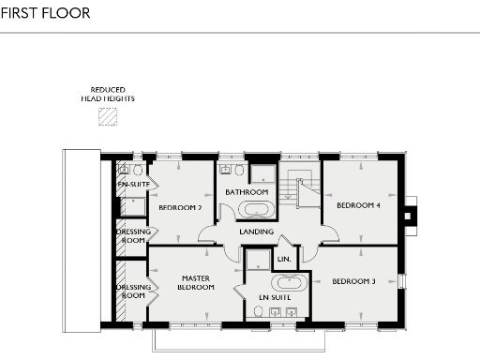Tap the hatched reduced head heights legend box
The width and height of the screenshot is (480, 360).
point(110,116)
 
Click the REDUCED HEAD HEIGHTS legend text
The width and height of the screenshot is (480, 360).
point(109,95)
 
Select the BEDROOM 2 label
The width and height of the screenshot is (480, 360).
point(180,207)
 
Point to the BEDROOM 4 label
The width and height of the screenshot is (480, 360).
point(359,204)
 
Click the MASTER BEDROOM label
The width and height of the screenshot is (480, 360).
point(196,283)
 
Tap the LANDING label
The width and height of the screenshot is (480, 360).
point(256,232)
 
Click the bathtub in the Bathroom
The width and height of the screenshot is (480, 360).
point(254,210)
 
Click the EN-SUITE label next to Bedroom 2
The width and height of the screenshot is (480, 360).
point(133,186)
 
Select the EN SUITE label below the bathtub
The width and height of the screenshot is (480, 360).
point(275,299)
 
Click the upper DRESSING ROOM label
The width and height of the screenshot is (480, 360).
point(132,235)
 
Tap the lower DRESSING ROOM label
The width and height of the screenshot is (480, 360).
point(132,292)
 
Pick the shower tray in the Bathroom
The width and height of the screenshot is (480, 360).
point(262,172)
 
